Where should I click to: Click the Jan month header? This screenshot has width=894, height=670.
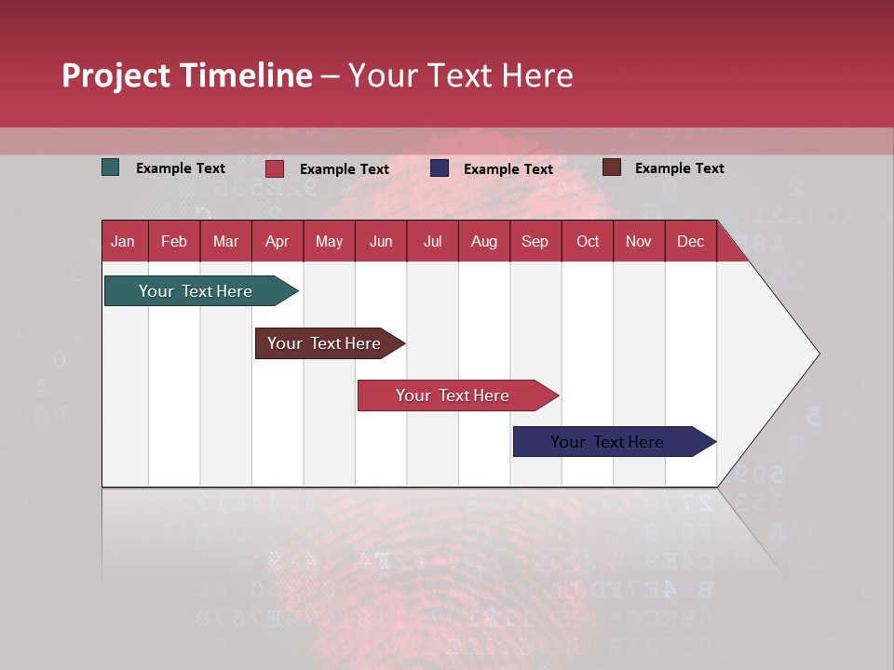[123, 241]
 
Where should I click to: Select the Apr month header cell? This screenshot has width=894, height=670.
[277, 241]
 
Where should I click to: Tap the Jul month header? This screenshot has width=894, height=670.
[432, 241]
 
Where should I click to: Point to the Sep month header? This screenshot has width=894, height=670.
[535, 241]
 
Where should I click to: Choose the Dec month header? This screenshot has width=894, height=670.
[690, 241]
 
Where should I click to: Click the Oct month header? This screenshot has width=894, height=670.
[587, 241]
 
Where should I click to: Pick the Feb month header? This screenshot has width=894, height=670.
[174, 241]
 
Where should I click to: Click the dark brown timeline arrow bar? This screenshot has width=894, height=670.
[327, 343]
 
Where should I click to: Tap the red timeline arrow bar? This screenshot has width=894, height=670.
[454, 395]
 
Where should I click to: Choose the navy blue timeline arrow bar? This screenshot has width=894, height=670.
[611, 442]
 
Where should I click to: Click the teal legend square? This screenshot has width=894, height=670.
[111, 167]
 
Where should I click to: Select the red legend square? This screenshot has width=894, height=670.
[275, 168]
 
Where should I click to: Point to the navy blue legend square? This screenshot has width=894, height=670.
[440, 168]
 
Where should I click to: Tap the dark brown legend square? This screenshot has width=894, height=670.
[611, 167]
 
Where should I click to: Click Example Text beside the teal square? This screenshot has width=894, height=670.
[181, 168]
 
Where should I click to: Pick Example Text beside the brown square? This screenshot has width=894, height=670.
[679, 168]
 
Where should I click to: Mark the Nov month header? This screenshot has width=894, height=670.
[638, 241]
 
